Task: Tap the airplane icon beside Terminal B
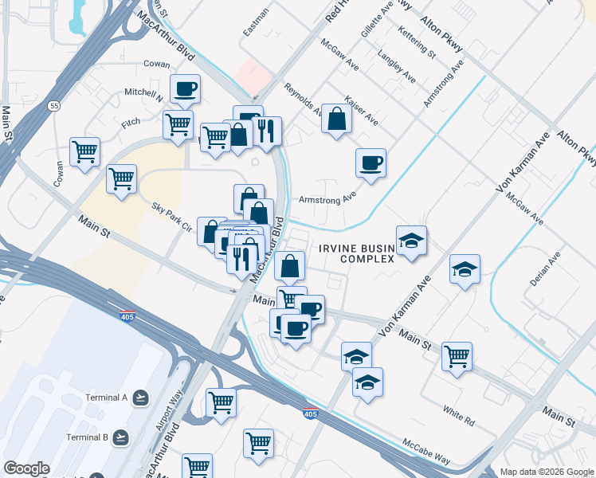120,437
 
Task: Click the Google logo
26,468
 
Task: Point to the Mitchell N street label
143,92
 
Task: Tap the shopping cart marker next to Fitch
178,123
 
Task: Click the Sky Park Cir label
172,217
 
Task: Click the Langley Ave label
397,69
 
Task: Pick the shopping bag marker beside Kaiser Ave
337,119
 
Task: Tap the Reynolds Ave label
304,101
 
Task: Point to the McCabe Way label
426,451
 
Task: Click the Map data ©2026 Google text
546,471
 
